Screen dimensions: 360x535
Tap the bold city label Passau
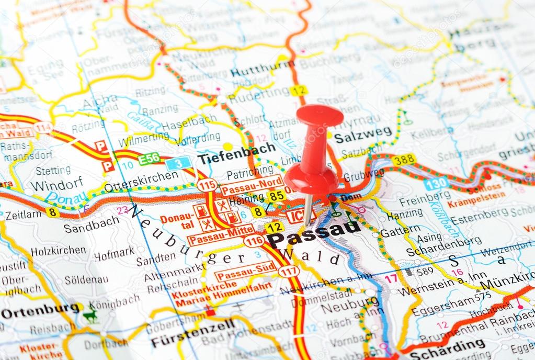coord(314,233)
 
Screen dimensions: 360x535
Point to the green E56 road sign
coord(149,159)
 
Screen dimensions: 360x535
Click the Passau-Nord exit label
coord(252,185)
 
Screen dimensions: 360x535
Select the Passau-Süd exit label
coord(246,271)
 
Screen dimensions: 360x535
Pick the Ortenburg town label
coord(40,312)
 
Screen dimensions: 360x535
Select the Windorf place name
coord(56,184)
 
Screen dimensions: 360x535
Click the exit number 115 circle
coord(207,185)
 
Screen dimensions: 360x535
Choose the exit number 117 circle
coord(289,271)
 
